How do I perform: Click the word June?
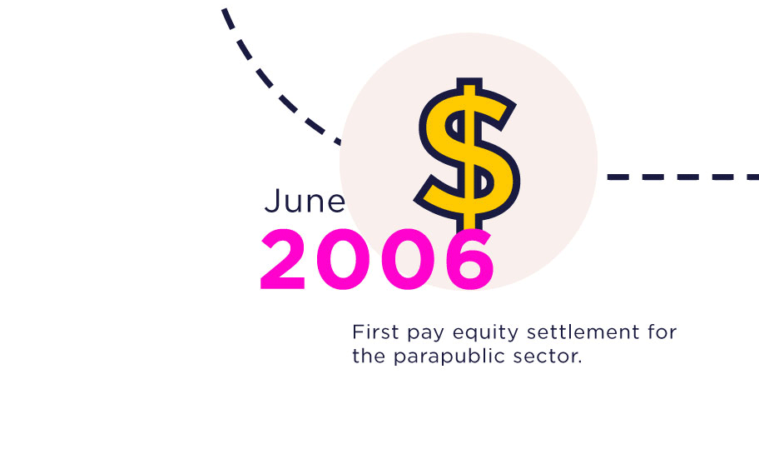click(x=305, y=201)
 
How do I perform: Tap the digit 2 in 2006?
click(x=283, y=259)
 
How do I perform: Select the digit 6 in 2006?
click(x=469, y=259)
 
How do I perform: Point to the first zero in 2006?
click(x=343, y=259)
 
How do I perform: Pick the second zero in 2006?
click(x=408, y=259)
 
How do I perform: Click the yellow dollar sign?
click(x=468, y=155)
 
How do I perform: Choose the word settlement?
click(x=583, y=332)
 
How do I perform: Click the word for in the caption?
click(x=662, y=332)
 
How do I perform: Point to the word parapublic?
click(x=449, y=357)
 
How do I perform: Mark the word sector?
click(x=544, y=357)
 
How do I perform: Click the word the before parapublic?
click(x=369, y=357)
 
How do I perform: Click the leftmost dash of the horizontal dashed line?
click(x=618, y=177)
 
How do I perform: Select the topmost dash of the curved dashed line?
click(x=228, y=18)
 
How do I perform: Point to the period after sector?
click(x=579, y=362)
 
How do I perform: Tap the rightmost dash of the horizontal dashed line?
click(x=752, y=177)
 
